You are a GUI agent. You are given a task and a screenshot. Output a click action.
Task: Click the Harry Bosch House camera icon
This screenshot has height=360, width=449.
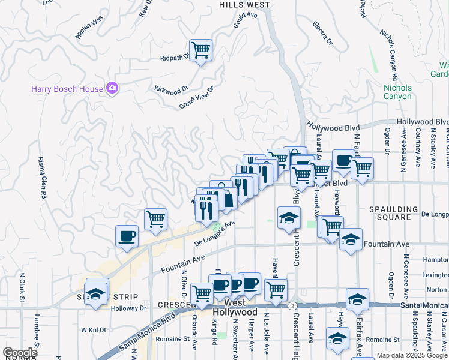[112, 89]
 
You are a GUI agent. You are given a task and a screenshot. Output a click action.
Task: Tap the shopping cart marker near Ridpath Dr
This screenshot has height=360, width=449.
[200, 50]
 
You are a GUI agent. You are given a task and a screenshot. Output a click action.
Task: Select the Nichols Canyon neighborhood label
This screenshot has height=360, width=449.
[397, 92]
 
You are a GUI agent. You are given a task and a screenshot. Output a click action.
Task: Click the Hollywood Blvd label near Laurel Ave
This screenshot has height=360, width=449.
[332, 127]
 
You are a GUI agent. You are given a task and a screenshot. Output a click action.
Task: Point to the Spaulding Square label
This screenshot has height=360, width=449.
[393, 213]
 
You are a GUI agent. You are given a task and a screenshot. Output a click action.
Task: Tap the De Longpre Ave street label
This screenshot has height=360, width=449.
[214, 234]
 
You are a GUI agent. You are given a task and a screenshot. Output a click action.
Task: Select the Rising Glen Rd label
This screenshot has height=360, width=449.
[43, 178]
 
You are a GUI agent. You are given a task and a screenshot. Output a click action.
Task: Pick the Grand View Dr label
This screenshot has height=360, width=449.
[196, 98]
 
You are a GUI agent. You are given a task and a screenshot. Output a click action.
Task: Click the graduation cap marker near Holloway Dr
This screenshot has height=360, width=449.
[95, 295]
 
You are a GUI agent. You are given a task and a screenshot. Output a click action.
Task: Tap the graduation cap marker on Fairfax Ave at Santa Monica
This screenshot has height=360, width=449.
[357, 299]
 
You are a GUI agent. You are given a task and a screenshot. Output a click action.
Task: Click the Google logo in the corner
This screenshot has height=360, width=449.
[20, 353]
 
